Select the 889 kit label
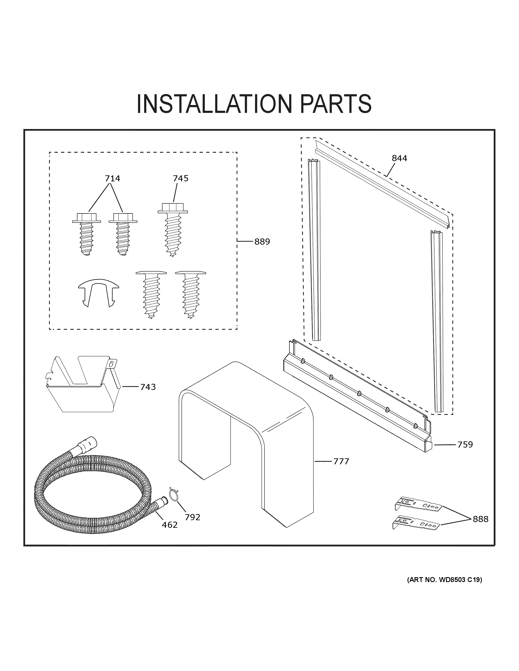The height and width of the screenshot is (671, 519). [x=262, y=242]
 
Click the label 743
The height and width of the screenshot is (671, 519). [x=148, y=387]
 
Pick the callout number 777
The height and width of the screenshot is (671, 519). [x=341, y=470]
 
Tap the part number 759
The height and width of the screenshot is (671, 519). [x=465, y=445]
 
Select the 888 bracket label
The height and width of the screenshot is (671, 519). [x=480, y=519]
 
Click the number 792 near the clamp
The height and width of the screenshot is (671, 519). [x=193, y=517]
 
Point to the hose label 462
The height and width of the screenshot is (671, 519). [x=170, y=525]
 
